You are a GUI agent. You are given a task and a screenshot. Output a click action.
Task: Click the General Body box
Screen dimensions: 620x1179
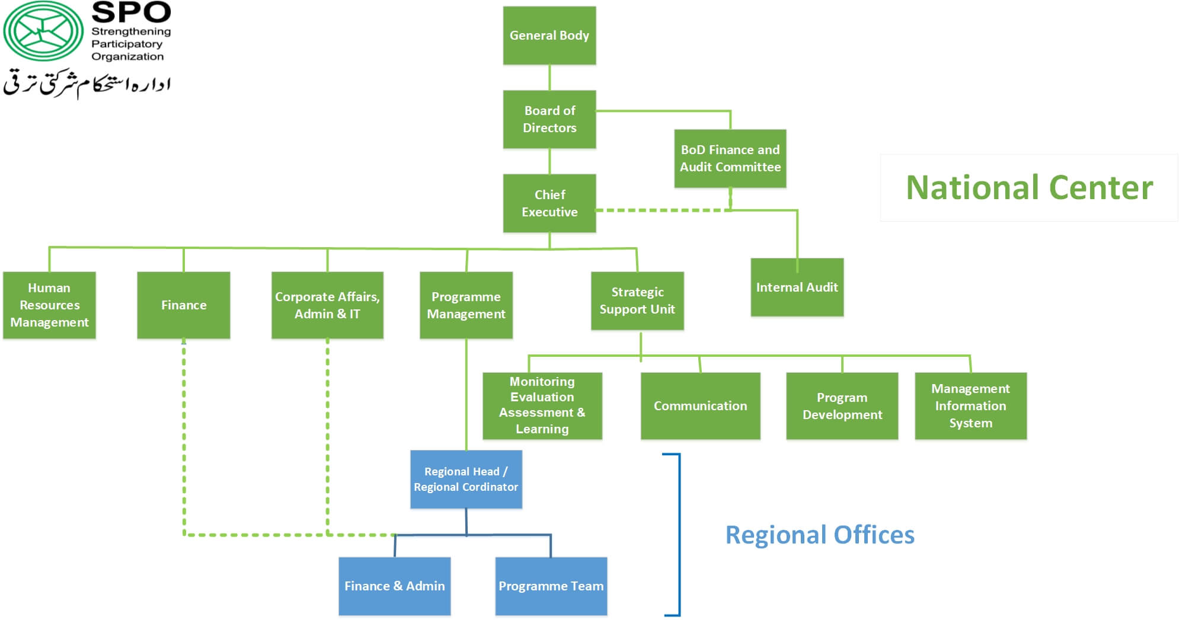click(x=549, y=36)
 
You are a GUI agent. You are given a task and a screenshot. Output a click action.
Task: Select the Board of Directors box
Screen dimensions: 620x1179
click(x=549, y=119)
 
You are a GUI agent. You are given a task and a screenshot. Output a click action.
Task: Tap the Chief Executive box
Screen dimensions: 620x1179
click(x=549, y=203)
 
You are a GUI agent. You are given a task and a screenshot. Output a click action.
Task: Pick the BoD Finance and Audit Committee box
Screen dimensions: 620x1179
click(x=730, y=158)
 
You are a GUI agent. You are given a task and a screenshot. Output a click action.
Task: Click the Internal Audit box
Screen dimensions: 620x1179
click(x=797, y=287)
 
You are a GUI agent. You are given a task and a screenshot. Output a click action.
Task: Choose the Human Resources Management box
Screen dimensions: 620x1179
click(x=49, y=305)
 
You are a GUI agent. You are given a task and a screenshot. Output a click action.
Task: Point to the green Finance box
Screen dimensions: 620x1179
click(x=184, y=305)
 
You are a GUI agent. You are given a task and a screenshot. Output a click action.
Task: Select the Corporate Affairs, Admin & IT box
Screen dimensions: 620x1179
click(x=327, y=305)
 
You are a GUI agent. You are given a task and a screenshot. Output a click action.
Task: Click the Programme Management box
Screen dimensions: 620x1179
click(x=466, y=305)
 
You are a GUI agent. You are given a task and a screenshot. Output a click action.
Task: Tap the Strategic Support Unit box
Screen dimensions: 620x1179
click(x=637, y=301)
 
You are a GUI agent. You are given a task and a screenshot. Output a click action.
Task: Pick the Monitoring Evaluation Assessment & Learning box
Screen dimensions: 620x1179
click(x=542, y=405)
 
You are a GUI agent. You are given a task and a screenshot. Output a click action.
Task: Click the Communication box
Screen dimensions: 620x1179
click(x=700, y=406)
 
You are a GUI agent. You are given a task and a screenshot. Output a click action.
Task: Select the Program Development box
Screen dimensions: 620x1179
click(x=842, y=406)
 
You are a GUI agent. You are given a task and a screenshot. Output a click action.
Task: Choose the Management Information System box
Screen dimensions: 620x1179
click(x=970, y=406)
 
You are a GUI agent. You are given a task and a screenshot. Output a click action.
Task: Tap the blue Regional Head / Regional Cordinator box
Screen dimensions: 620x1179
click(x=466, y=479)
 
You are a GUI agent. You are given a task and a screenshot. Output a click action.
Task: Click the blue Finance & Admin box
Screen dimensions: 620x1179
click(x=394, y=586)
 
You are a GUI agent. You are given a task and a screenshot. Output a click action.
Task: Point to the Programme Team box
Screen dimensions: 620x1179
click(x=551, y=586)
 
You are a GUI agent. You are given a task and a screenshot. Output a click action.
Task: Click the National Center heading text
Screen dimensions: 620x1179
click(x=1029, y=188)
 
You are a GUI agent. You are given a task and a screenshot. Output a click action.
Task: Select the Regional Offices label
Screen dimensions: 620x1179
click(x=820, y=535)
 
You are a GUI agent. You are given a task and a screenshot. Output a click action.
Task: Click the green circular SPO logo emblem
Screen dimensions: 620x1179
click(x=43, y=31)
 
